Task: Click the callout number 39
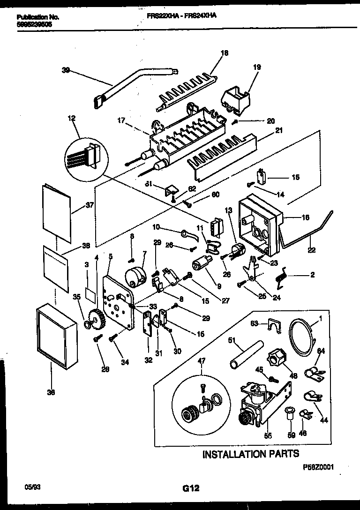(65, 70)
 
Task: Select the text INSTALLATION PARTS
(250, 454)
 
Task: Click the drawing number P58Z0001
(317, 467)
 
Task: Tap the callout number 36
(51, 392)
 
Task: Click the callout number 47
(202, 361)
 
